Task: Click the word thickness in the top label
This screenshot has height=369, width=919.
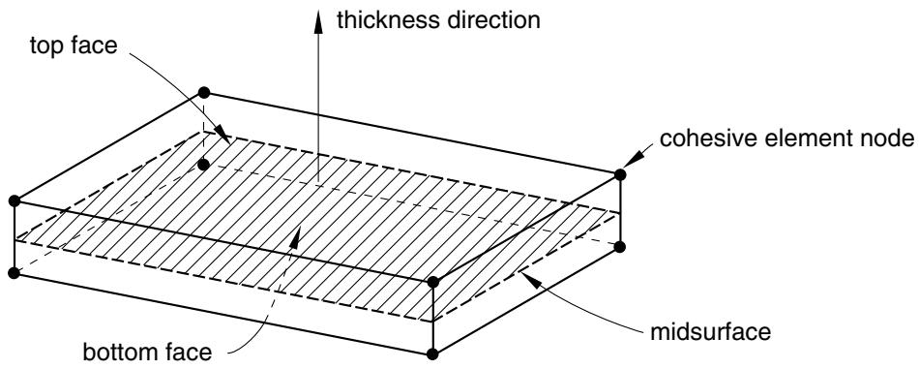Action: click(x=385, y=20)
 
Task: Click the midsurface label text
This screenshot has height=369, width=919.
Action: click(x=710, y=331)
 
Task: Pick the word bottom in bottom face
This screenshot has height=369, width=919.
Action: click(x=118, y=353)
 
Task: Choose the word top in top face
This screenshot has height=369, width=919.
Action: click(x=48, y=46)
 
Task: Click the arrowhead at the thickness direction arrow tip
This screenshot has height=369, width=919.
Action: click(x=318, y=22)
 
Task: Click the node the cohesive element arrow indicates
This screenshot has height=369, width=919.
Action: click(x=621, y=174)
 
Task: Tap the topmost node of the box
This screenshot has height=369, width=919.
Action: click(x=204, y=92)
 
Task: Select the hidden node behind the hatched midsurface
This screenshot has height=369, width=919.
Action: click(x=203, y=165)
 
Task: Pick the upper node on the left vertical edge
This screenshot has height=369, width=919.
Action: click(x=15, y=201)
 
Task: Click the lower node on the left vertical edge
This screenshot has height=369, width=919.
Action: click(x=15, y=273)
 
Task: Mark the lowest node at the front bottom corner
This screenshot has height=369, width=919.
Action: click(x=433, y=354)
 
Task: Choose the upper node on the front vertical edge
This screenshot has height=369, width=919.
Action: click(x=433, y=282)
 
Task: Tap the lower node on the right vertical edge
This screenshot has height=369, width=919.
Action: click(x=621, y=246)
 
